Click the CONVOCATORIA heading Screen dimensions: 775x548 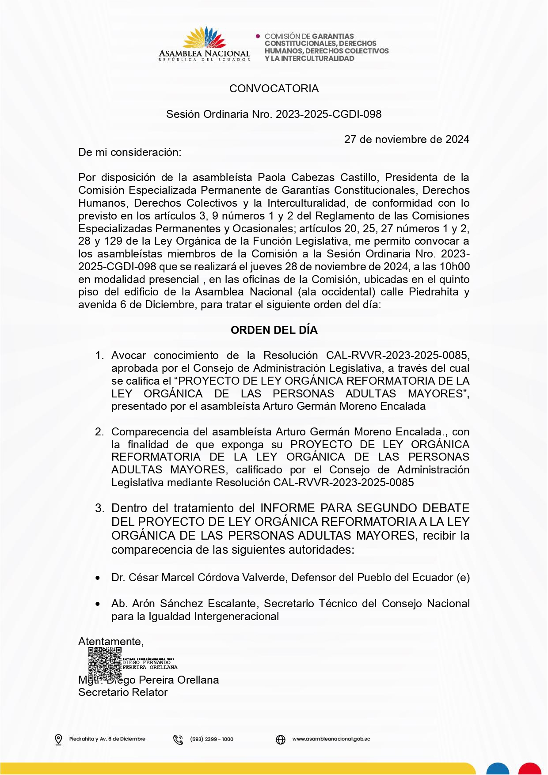(274, 89)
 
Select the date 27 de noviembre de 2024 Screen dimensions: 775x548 (407, 140)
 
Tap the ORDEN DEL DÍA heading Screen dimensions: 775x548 (274, 330)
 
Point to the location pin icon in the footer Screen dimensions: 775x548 (58, 739)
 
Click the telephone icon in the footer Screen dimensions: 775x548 (178, 739)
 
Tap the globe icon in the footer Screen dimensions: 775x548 (281, 739)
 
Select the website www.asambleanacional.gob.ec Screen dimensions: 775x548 (331, 739)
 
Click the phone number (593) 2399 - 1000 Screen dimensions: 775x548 (212, 739)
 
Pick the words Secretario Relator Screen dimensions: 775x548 (123, 692)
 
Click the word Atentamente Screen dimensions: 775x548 (110, 642)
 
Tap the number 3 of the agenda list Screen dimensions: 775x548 (99, 508)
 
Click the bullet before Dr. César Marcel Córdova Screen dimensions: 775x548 (98, 578)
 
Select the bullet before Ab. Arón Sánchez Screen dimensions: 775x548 (98, 604)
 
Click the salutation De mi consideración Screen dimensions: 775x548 (129, 152)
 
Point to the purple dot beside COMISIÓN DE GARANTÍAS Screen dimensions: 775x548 (258, 36)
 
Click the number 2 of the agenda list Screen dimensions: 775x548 (99, 432)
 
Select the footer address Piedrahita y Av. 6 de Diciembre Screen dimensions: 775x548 (107, 739)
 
